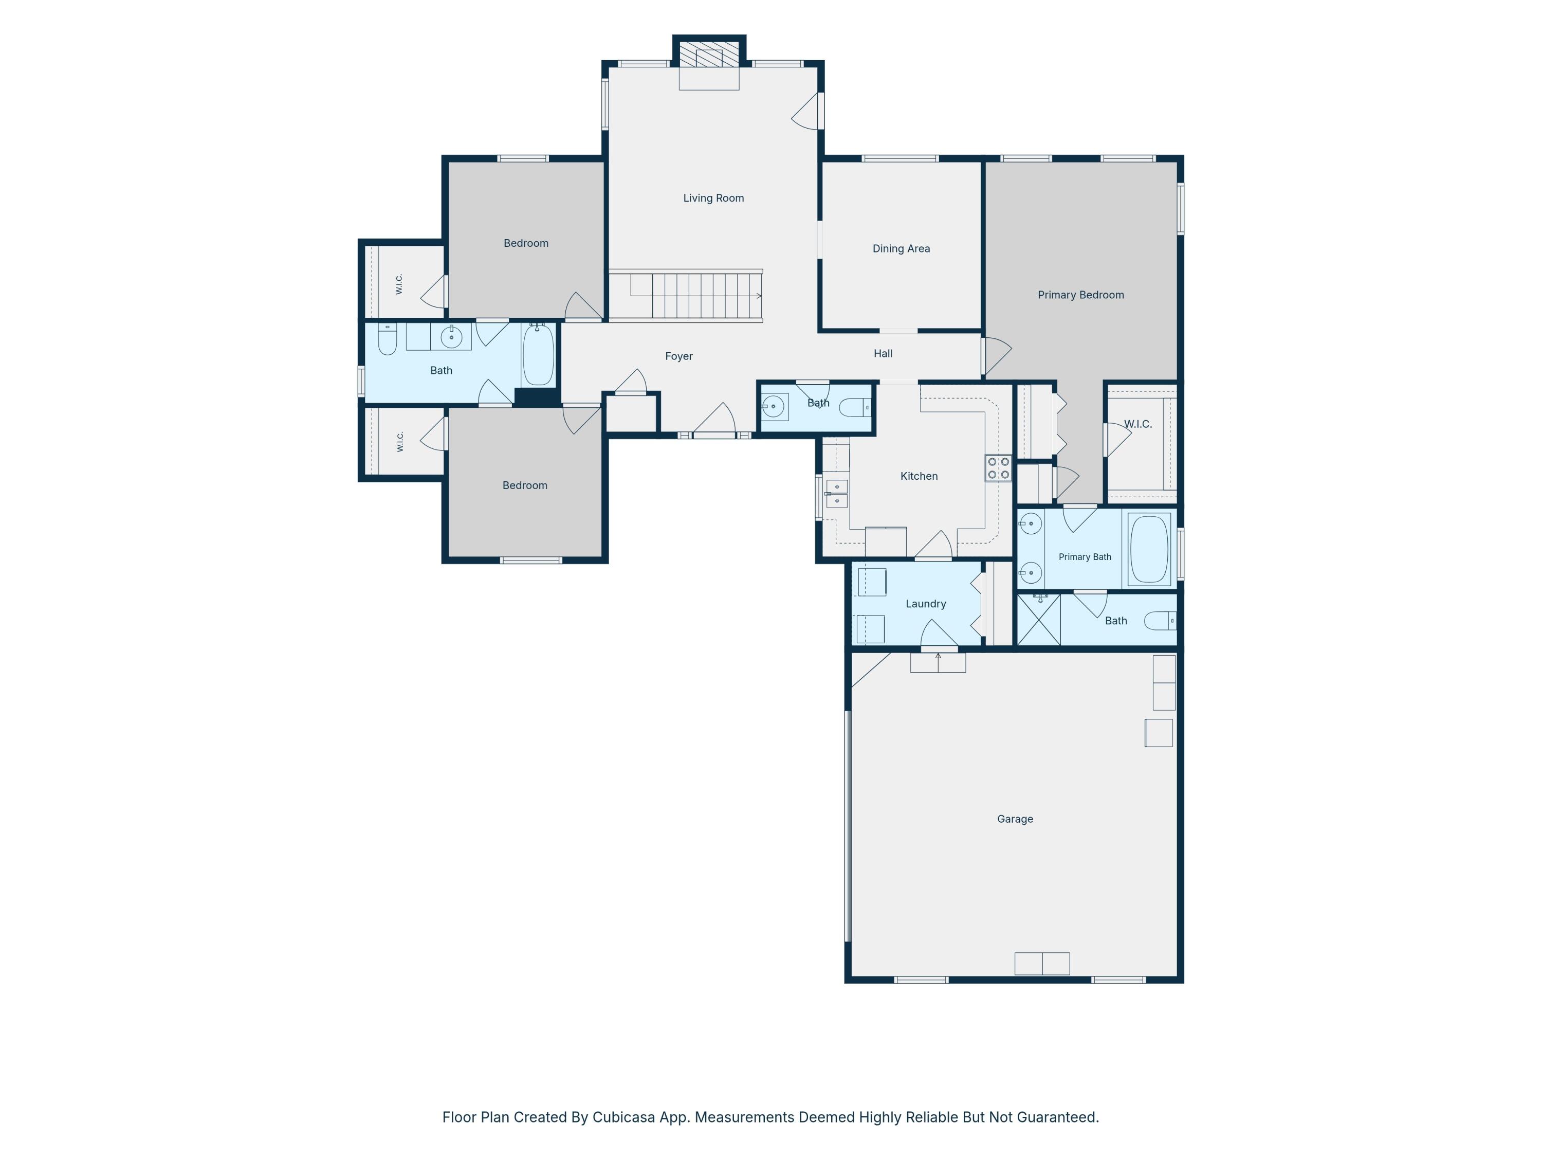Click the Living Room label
pyautogui.click(x=713, y=198)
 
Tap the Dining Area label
pyautogui.click(x=901, y=248)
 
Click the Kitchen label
pyautogui.click(x=919, y=476)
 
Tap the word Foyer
pyautogui.click(x=678, y=356)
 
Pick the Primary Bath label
pyautogui.click(x=1085, y=556)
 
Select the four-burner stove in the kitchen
pyautogui.click(x=998, y=468)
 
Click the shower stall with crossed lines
pyautogui.click(x=1039, y=619)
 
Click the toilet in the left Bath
pyautogui.click(x=388, y=339)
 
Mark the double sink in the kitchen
pyautogui.click(x=836, y=493)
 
